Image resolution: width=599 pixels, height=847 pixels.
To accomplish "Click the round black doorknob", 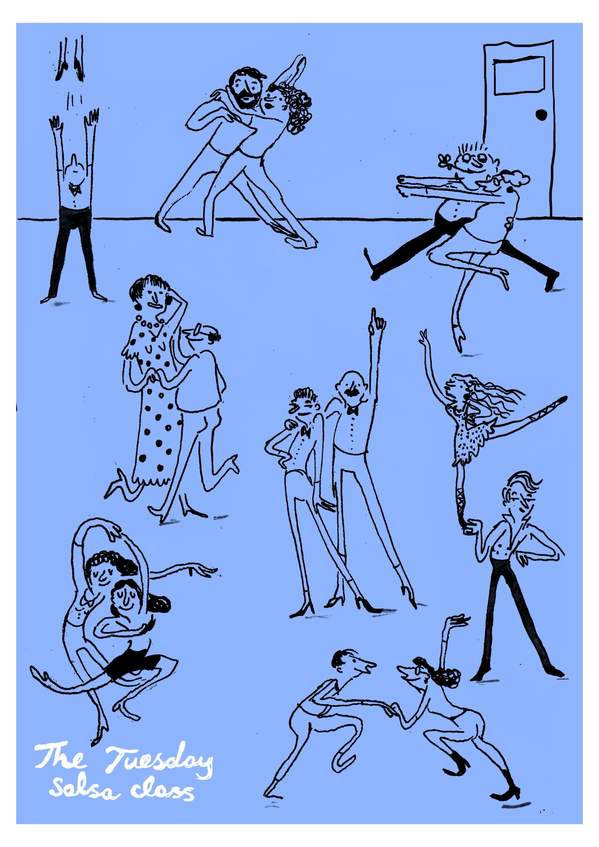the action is (541, 115).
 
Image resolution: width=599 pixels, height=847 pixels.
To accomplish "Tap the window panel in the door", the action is (519, 76).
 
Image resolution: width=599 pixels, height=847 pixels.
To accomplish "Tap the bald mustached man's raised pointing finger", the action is (374, 315).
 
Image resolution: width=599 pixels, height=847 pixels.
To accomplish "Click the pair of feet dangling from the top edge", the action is (70, 59).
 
